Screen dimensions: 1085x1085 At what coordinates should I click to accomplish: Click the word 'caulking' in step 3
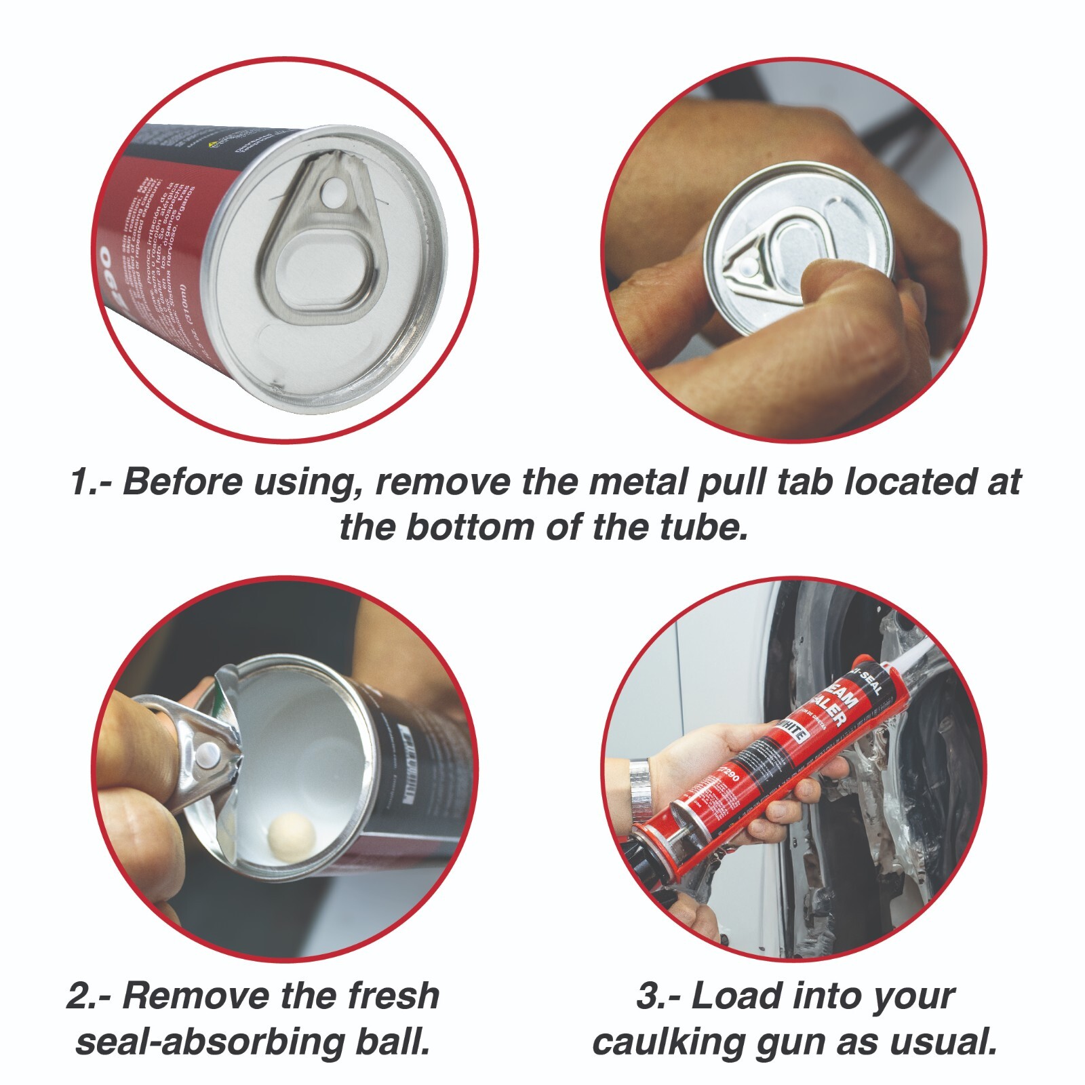[x=669, y=1043]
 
